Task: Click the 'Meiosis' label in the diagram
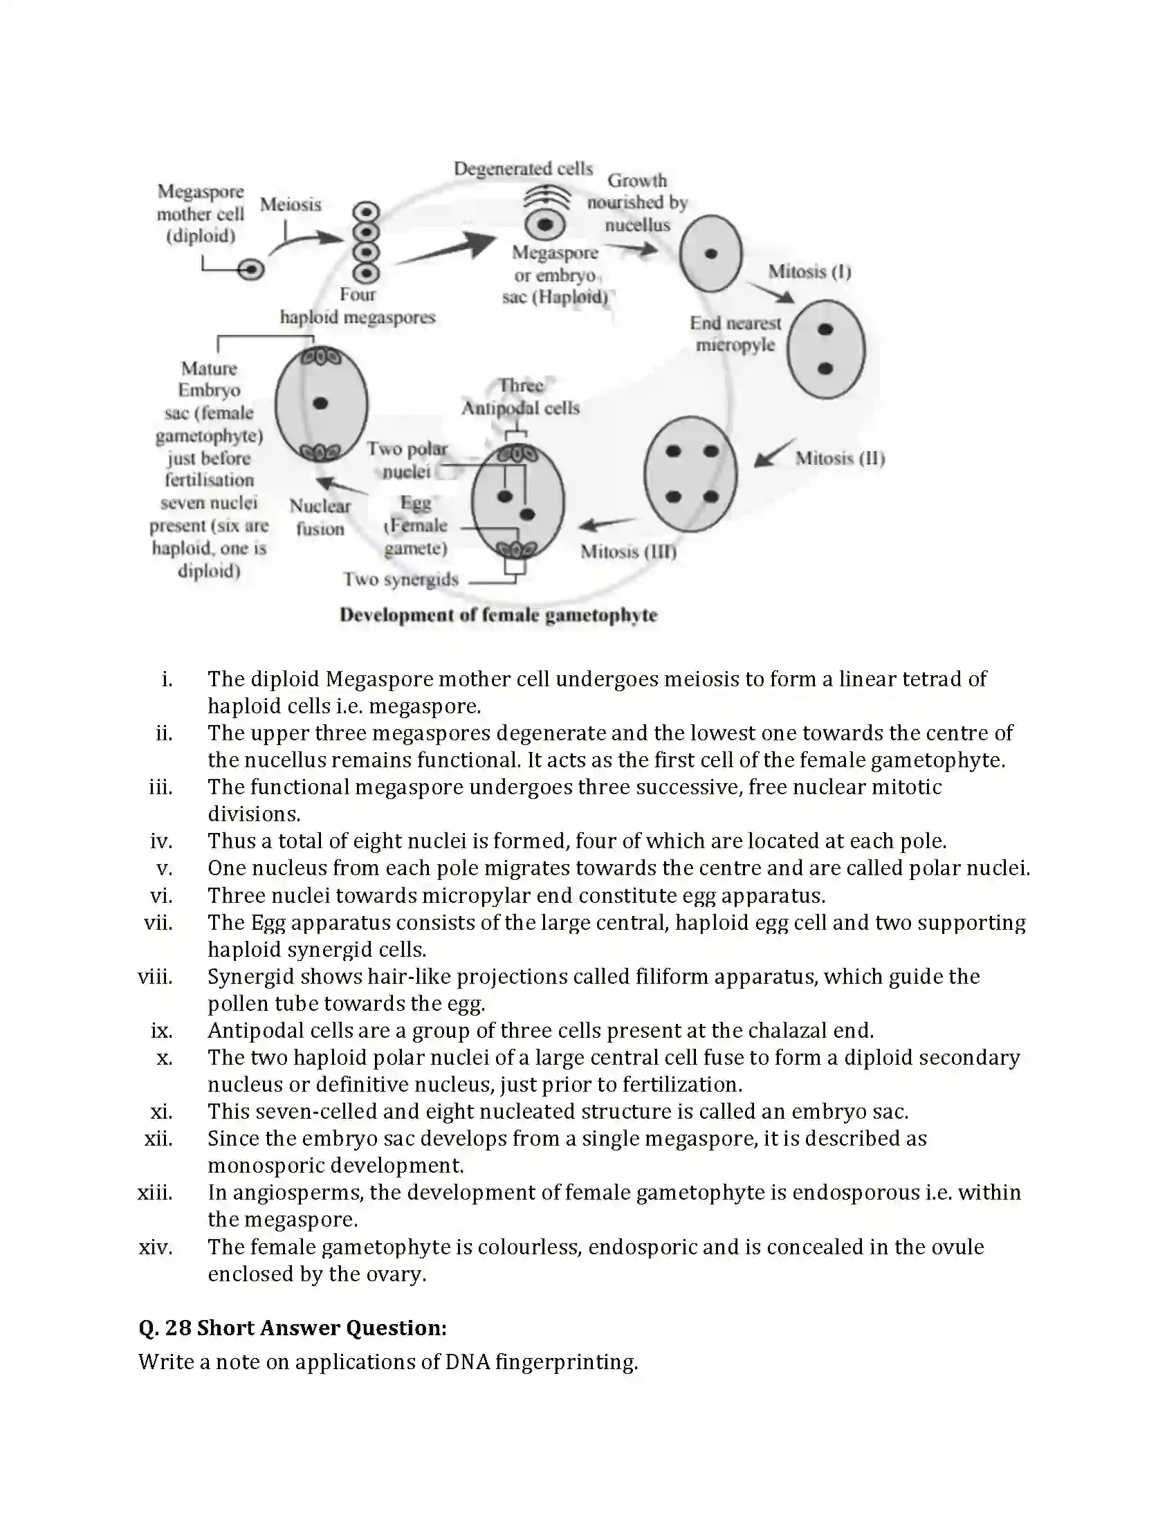[x=291, y=204]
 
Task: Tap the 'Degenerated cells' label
[x=523, y=169]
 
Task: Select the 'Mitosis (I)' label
[x=809, y=271]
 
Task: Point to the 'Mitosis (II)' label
[x=840, y=458]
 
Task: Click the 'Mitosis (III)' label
[x=628, y=551]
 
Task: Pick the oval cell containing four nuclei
[x=690, y=474]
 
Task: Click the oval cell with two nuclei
[x=826, y=349]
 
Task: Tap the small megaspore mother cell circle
[x=251, y=269]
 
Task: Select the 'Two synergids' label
[x=401, y=579]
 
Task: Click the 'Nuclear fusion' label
[x=320, y=517]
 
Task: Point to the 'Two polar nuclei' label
[x=407, y=460]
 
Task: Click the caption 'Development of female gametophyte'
[x=498, y=614]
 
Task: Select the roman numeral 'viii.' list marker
[x=156, y=976]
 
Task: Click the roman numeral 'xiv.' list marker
[x=156, y=1247]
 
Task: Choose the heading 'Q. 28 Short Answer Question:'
[x=293, y=1328]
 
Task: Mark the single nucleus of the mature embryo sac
[x=320, y=403]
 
